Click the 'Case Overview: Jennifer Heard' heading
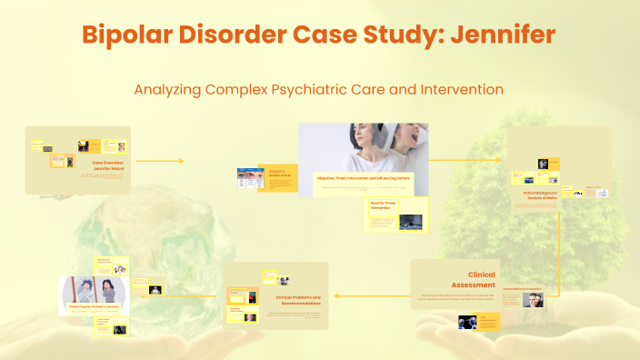point(107,165)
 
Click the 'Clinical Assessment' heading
point(481,279)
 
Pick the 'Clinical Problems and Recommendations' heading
point(298,300)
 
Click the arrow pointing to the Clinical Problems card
point(338,295)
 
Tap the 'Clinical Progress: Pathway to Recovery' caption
point(94,307)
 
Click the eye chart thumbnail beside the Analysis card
point(249,178)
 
